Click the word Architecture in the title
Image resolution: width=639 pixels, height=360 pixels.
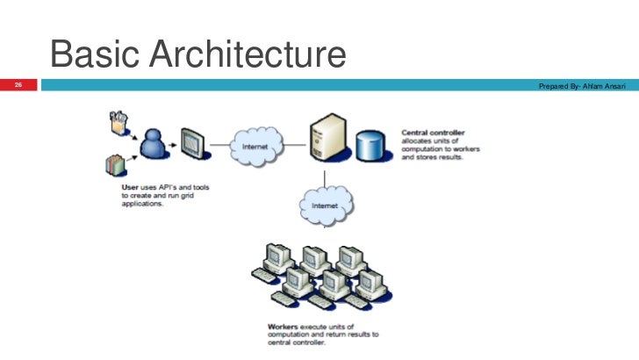(x=248, y=55)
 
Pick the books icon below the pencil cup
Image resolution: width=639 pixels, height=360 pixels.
(x=115, y=163)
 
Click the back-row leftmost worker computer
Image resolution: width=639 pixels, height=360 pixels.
(x=278, y=256)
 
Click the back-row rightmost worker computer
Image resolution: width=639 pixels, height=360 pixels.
(x=352, y=256)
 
